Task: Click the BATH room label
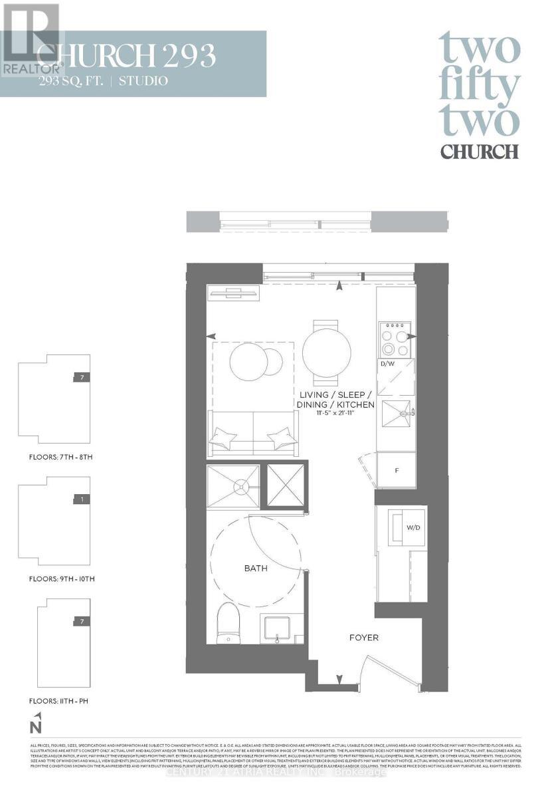pos(256,569)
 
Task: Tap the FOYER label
pos(364,638)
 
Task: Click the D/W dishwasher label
pos(387,364)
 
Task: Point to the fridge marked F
pos(396,470)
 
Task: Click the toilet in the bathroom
pos(227,624)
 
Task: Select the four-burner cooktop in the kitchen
pos(395,340)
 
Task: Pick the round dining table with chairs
pos(327,352)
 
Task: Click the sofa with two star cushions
pos(252,434)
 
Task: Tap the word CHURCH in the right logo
pos(480,151)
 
